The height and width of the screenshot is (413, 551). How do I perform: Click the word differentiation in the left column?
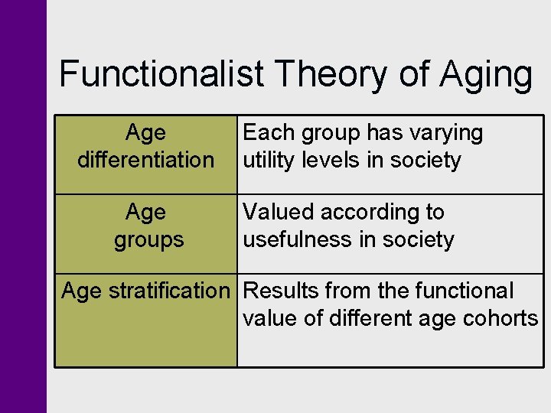coord(145,161)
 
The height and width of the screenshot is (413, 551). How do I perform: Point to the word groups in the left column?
coord(148,240)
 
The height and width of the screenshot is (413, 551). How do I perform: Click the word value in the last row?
coord(270,318)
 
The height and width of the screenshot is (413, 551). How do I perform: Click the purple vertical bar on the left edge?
coord(23,206)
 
